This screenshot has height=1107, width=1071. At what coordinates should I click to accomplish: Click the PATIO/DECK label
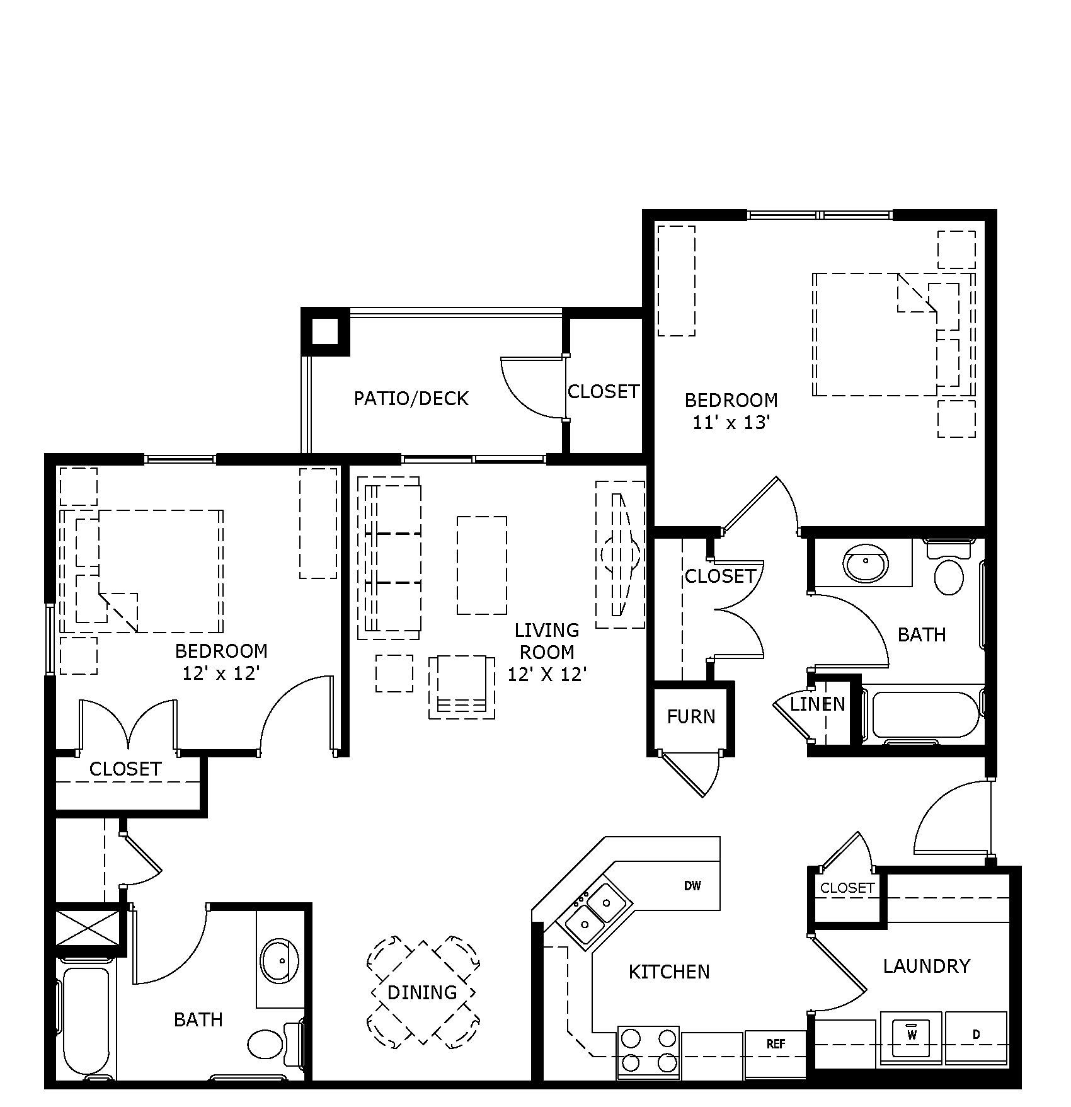[411, 398]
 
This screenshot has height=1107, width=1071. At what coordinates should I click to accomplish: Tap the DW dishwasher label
[692, 886]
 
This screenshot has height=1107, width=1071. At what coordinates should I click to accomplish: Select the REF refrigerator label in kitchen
[776, 1044]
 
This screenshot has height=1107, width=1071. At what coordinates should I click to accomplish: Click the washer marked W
[911, 1035]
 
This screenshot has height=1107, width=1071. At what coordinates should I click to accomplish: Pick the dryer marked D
[976, 1035]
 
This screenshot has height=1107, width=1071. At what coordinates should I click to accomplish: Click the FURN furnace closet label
[691, 716]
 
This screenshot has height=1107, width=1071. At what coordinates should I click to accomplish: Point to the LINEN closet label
[817, 704]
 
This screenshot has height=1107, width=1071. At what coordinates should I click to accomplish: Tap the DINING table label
[422, 993]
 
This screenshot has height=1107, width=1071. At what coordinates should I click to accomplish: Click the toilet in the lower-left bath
[265, 1044]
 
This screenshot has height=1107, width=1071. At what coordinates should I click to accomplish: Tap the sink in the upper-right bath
[866, 563]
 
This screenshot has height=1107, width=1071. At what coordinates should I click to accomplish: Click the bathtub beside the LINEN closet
[923, 714]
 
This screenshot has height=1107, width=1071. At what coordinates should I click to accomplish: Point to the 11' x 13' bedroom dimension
[731, 423]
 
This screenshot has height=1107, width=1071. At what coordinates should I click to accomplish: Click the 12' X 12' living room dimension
[547, 675]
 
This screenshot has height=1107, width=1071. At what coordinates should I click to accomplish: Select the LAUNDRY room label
[926, 966]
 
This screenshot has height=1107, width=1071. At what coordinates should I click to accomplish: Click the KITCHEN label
[669, 972]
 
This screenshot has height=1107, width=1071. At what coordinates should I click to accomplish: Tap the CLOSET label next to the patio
[604, 391]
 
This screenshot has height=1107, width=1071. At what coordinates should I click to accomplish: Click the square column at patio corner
[325, 331]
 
